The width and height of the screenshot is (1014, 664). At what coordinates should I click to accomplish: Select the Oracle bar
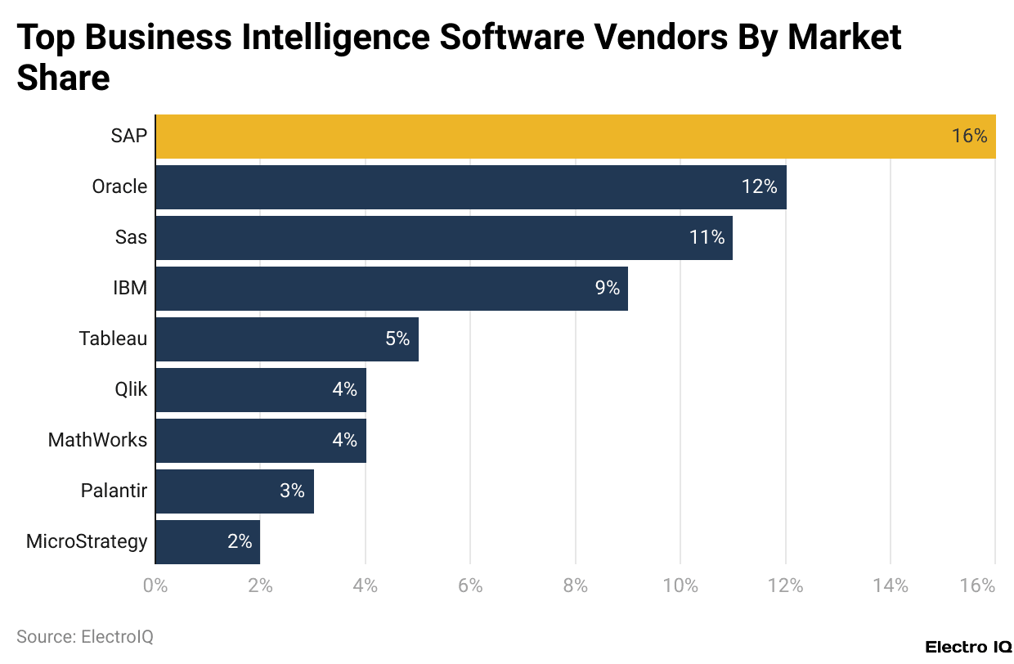point(470,187)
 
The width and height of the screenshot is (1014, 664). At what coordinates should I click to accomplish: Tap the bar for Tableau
point(286,339)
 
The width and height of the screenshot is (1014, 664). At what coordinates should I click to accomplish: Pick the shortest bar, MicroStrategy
point(207,542)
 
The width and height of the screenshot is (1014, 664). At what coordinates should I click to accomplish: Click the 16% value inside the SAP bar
point(969,137)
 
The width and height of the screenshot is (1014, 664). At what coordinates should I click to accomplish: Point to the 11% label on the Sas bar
point(707,238)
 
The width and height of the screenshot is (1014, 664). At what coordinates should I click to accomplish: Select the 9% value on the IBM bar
point(607,289)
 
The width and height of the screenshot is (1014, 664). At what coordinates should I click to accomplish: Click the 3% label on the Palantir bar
point(292,491)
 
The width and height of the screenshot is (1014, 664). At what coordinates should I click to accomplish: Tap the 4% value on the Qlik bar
point(344,390)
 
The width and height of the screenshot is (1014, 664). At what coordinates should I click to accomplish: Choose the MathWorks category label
point(97,441)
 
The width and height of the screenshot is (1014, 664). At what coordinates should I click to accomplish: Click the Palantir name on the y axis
point(114,491)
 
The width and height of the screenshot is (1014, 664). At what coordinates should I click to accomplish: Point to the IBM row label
point(129,289)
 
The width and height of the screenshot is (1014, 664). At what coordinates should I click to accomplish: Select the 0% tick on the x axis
point(155,586)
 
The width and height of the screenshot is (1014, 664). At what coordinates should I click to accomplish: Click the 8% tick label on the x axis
point(576,586)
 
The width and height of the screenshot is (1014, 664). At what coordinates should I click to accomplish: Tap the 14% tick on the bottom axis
point(891,586)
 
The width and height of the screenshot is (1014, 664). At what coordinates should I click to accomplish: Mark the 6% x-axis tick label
point(470,586)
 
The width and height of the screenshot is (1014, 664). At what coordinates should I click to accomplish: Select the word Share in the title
point(63,79)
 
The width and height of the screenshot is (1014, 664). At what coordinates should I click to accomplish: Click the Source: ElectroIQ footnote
point(84,637)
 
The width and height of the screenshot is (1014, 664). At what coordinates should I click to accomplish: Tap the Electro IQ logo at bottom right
point(967,647)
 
